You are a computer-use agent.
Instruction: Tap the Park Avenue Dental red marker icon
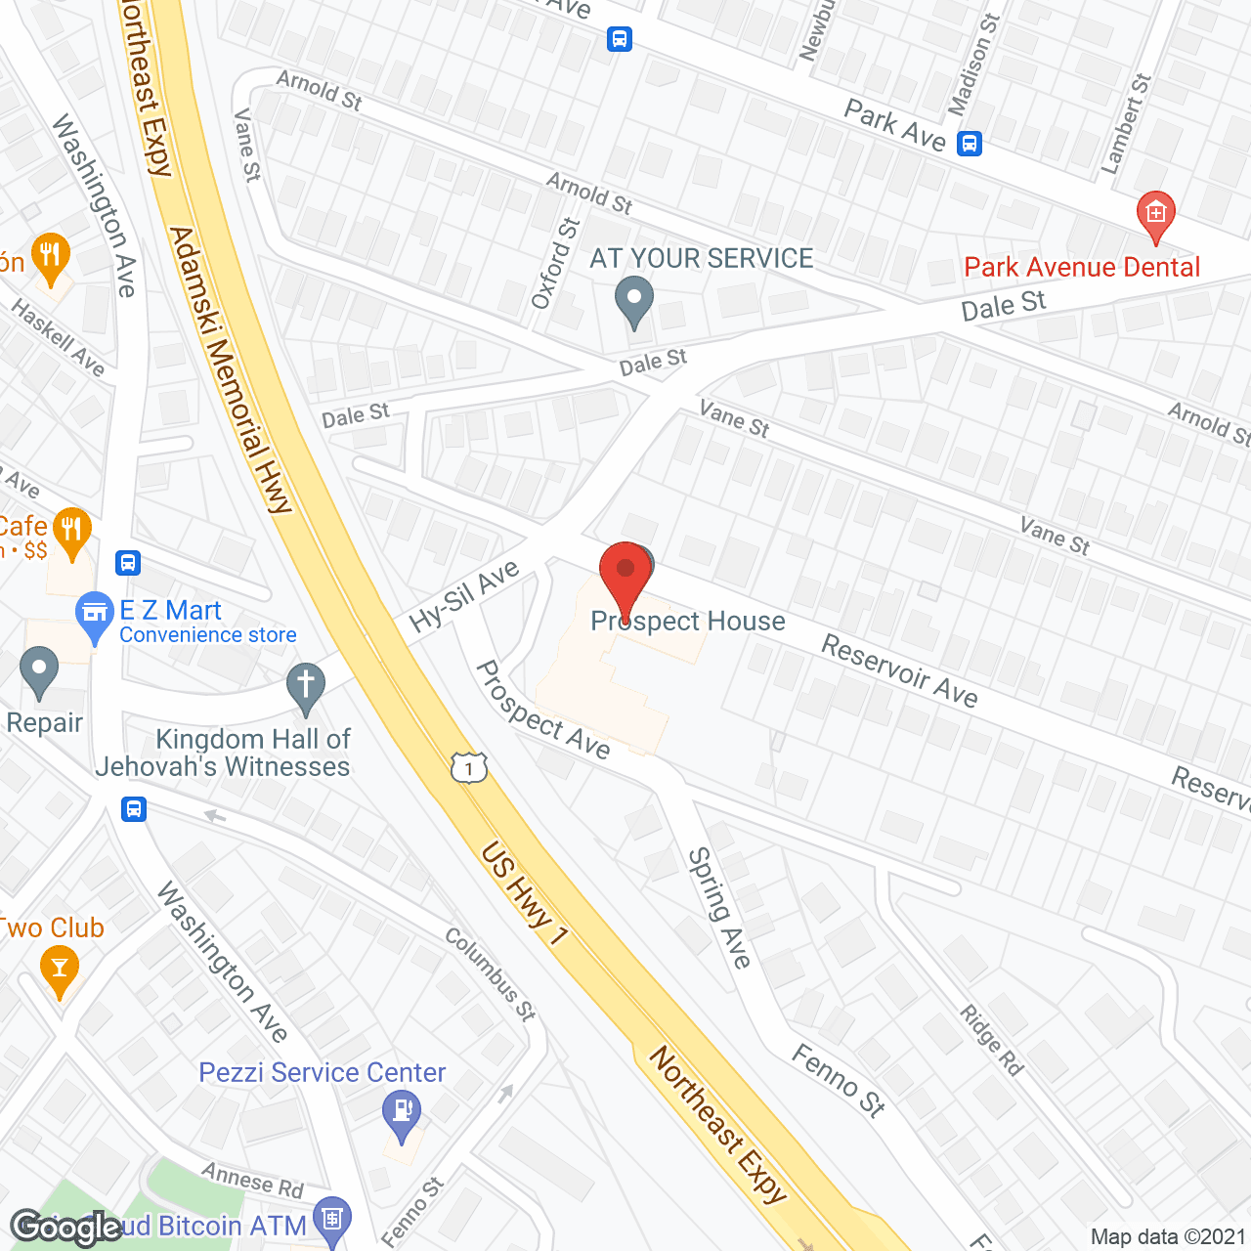[1155, 214]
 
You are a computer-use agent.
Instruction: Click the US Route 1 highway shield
[469, 767]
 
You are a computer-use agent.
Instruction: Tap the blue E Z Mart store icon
[95, 615]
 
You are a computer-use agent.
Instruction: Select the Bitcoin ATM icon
[332, 1219]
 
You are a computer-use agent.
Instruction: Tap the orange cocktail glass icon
[60, 971]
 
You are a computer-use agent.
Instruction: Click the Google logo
[66, 1227]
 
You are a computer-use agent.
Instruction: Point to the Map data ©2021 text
[1168, 1236]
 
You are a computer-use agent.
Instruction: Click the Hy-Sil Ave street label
[464, 597]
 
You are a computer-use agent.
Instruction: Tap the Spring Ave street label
[719, 908]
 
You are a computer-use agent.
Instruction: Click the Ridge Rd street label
[991, 1040]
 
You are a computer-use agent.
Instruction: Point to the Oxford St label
[556, 264]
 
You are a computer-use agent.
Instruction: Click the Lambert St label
[1126, 124]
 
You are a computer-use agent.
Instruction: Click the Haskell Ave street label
[58, 337]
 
